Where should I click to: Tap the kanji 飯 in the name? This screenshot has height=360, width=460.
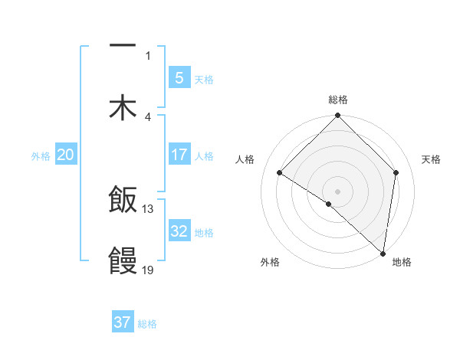point(123,201)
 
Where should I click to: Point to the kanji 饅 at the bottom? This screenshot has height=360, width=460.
point(123,260)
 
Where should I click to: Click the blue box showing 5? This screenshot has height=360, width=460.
point(179,77)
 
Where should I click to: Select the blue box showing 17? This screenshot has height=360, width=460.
point(179,155)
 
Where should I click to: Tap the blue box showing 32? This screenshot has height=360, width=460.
point(179,231)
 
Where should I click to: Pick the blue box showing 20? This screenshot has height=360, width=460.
point(65,155)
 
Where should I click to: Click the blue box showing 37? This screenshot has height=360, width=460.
point(123,322)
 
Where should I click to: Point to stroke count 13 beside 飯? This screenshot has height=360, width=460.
point(148,208)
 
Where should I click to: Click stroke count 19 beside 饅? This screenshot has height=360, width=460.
point(148,269)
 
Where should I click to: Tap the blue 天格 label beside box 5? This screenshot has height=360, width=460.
point(203,79)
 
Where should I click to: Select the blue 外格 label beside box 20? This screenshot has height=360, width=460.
point(41,155)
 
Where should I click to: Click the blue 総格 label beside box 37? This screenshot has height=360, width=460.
point(147,323)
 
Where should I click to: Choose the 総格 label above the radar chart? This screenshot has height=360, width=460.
point(338,100)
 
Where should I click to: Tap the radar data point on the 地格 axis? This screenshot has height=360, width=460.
point(383,252)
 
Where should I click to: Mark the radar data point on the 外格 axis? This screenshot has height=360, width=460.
point(329,204)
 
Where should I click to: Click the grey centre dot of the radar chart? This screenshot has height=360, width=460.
point(338,191)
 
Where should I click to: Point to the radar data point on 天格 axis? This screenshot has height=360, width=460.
point(396,172)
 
